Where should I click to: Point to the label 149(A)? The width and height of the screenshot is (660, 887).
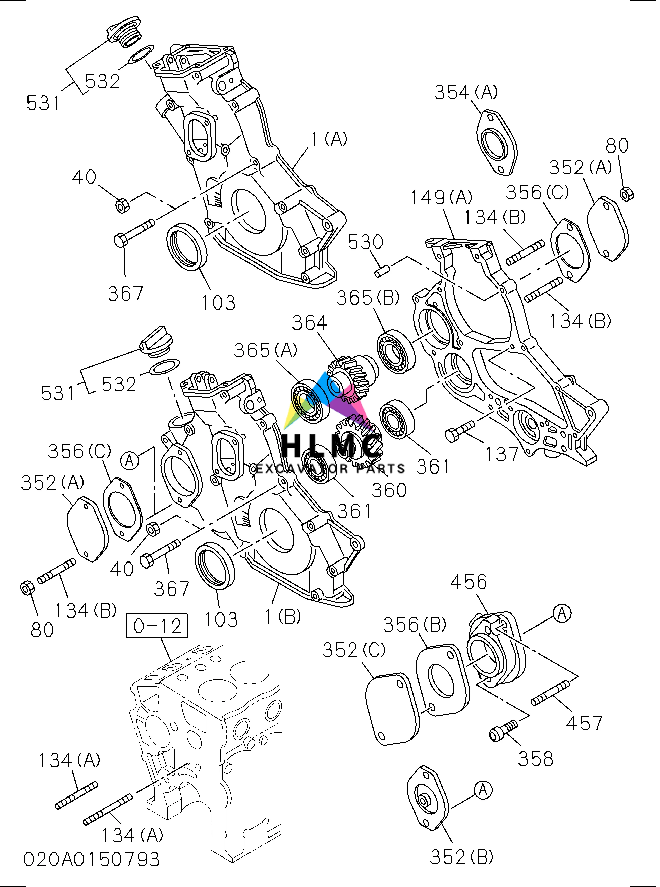point(441,197)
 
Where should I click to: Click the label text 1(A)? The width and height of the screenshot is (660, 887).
point(329,139)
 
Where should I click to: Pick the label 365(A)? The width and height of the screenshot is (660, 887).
point(266,350)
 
